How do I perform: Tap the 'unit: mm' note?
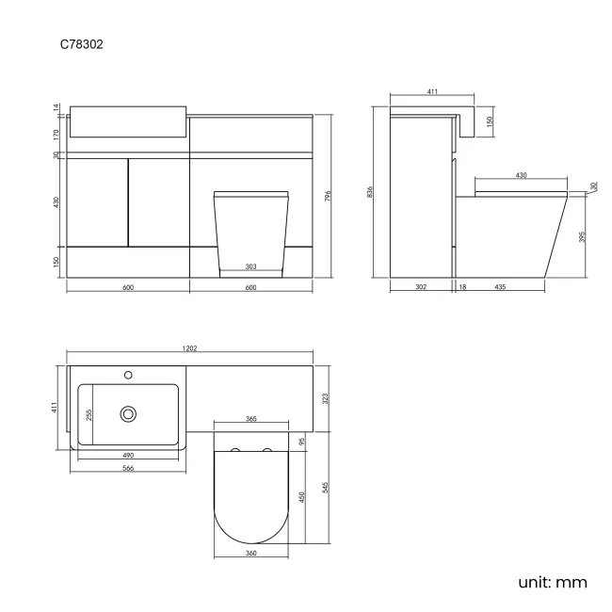pyautogui.click(x=553, y=582)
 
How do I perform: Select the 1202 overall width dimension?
pyautogui.click(x=189, y=348)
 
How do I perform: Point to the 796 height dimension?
pyautogui.click(x=328, y=196)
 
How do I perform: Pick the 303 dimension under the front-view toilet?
pyautogui.click(x=251, y=267)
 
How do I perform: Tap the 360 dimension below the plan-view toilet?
pyautogui.click(x=251, y=554)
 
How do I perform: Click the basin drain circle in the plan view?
pyautogui.click(x=128, y=412)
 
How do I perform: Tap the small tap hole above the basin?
pyautogui.click(x=128, y=376)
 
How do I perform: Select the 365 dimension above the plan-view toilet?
pyautogui.click(x=251, y=418)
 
